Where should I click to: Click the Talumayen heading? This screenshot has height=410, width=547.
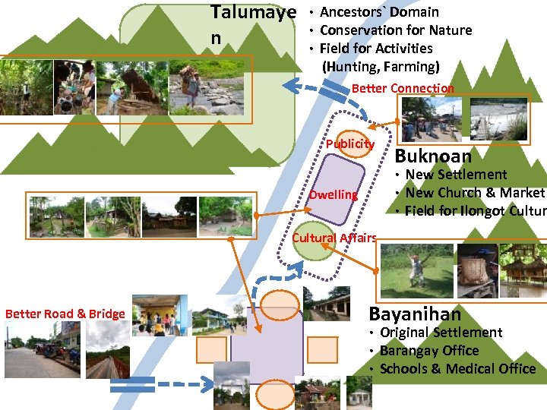pos(252,14)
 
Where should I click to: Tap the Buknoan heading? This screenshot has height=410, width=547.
pos(434,156)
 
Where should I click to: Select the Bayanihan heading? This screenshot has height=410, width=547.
pos(415,314)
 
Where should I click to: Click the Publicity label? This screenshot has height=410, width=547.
pos(350,144)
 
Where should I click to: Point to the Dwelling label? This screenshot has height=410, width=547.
pos(333,195)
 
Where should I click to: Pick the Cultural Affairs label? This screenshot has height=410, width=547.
pos(334,238)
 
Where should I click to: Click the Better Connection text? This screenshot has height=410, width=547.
pos(403,88)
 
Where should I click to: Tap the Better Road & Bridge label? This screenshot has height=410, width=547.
pos(65,314)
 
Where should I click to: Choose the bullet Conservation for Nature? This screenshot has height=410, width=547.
pos(396,30)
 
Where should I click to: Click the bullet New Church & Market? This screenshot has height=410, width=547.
pos(475,193)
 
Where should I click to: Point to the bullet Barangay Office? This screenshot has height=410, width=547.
pos(429,351)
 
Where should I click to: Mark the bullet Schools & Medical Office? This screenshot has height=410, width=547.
pos(457,369)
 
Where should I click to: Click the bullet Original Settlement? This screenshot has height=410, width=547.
pos(441,333)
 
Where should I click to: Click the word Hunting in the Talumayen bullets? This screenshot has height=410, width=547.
pos(349,66)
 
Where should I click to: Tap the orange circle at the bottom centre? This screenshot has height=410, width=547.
pos(268,396)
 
